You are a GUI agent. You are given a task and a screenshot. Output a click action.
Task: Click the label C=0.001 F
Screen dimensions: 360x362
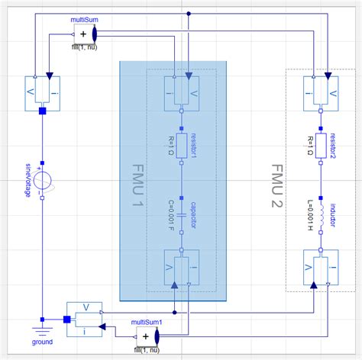(171, 217)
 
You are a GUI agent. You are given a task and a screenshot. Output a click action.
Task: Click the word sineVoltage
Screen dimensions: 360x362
(29, 182)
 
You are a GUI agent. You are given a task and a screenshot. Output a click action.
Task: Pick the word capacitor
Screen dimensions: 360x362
(194, 217)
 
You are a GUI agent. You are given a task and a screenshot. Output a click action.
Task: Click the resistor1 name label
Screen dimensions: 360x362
(194, 146)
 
